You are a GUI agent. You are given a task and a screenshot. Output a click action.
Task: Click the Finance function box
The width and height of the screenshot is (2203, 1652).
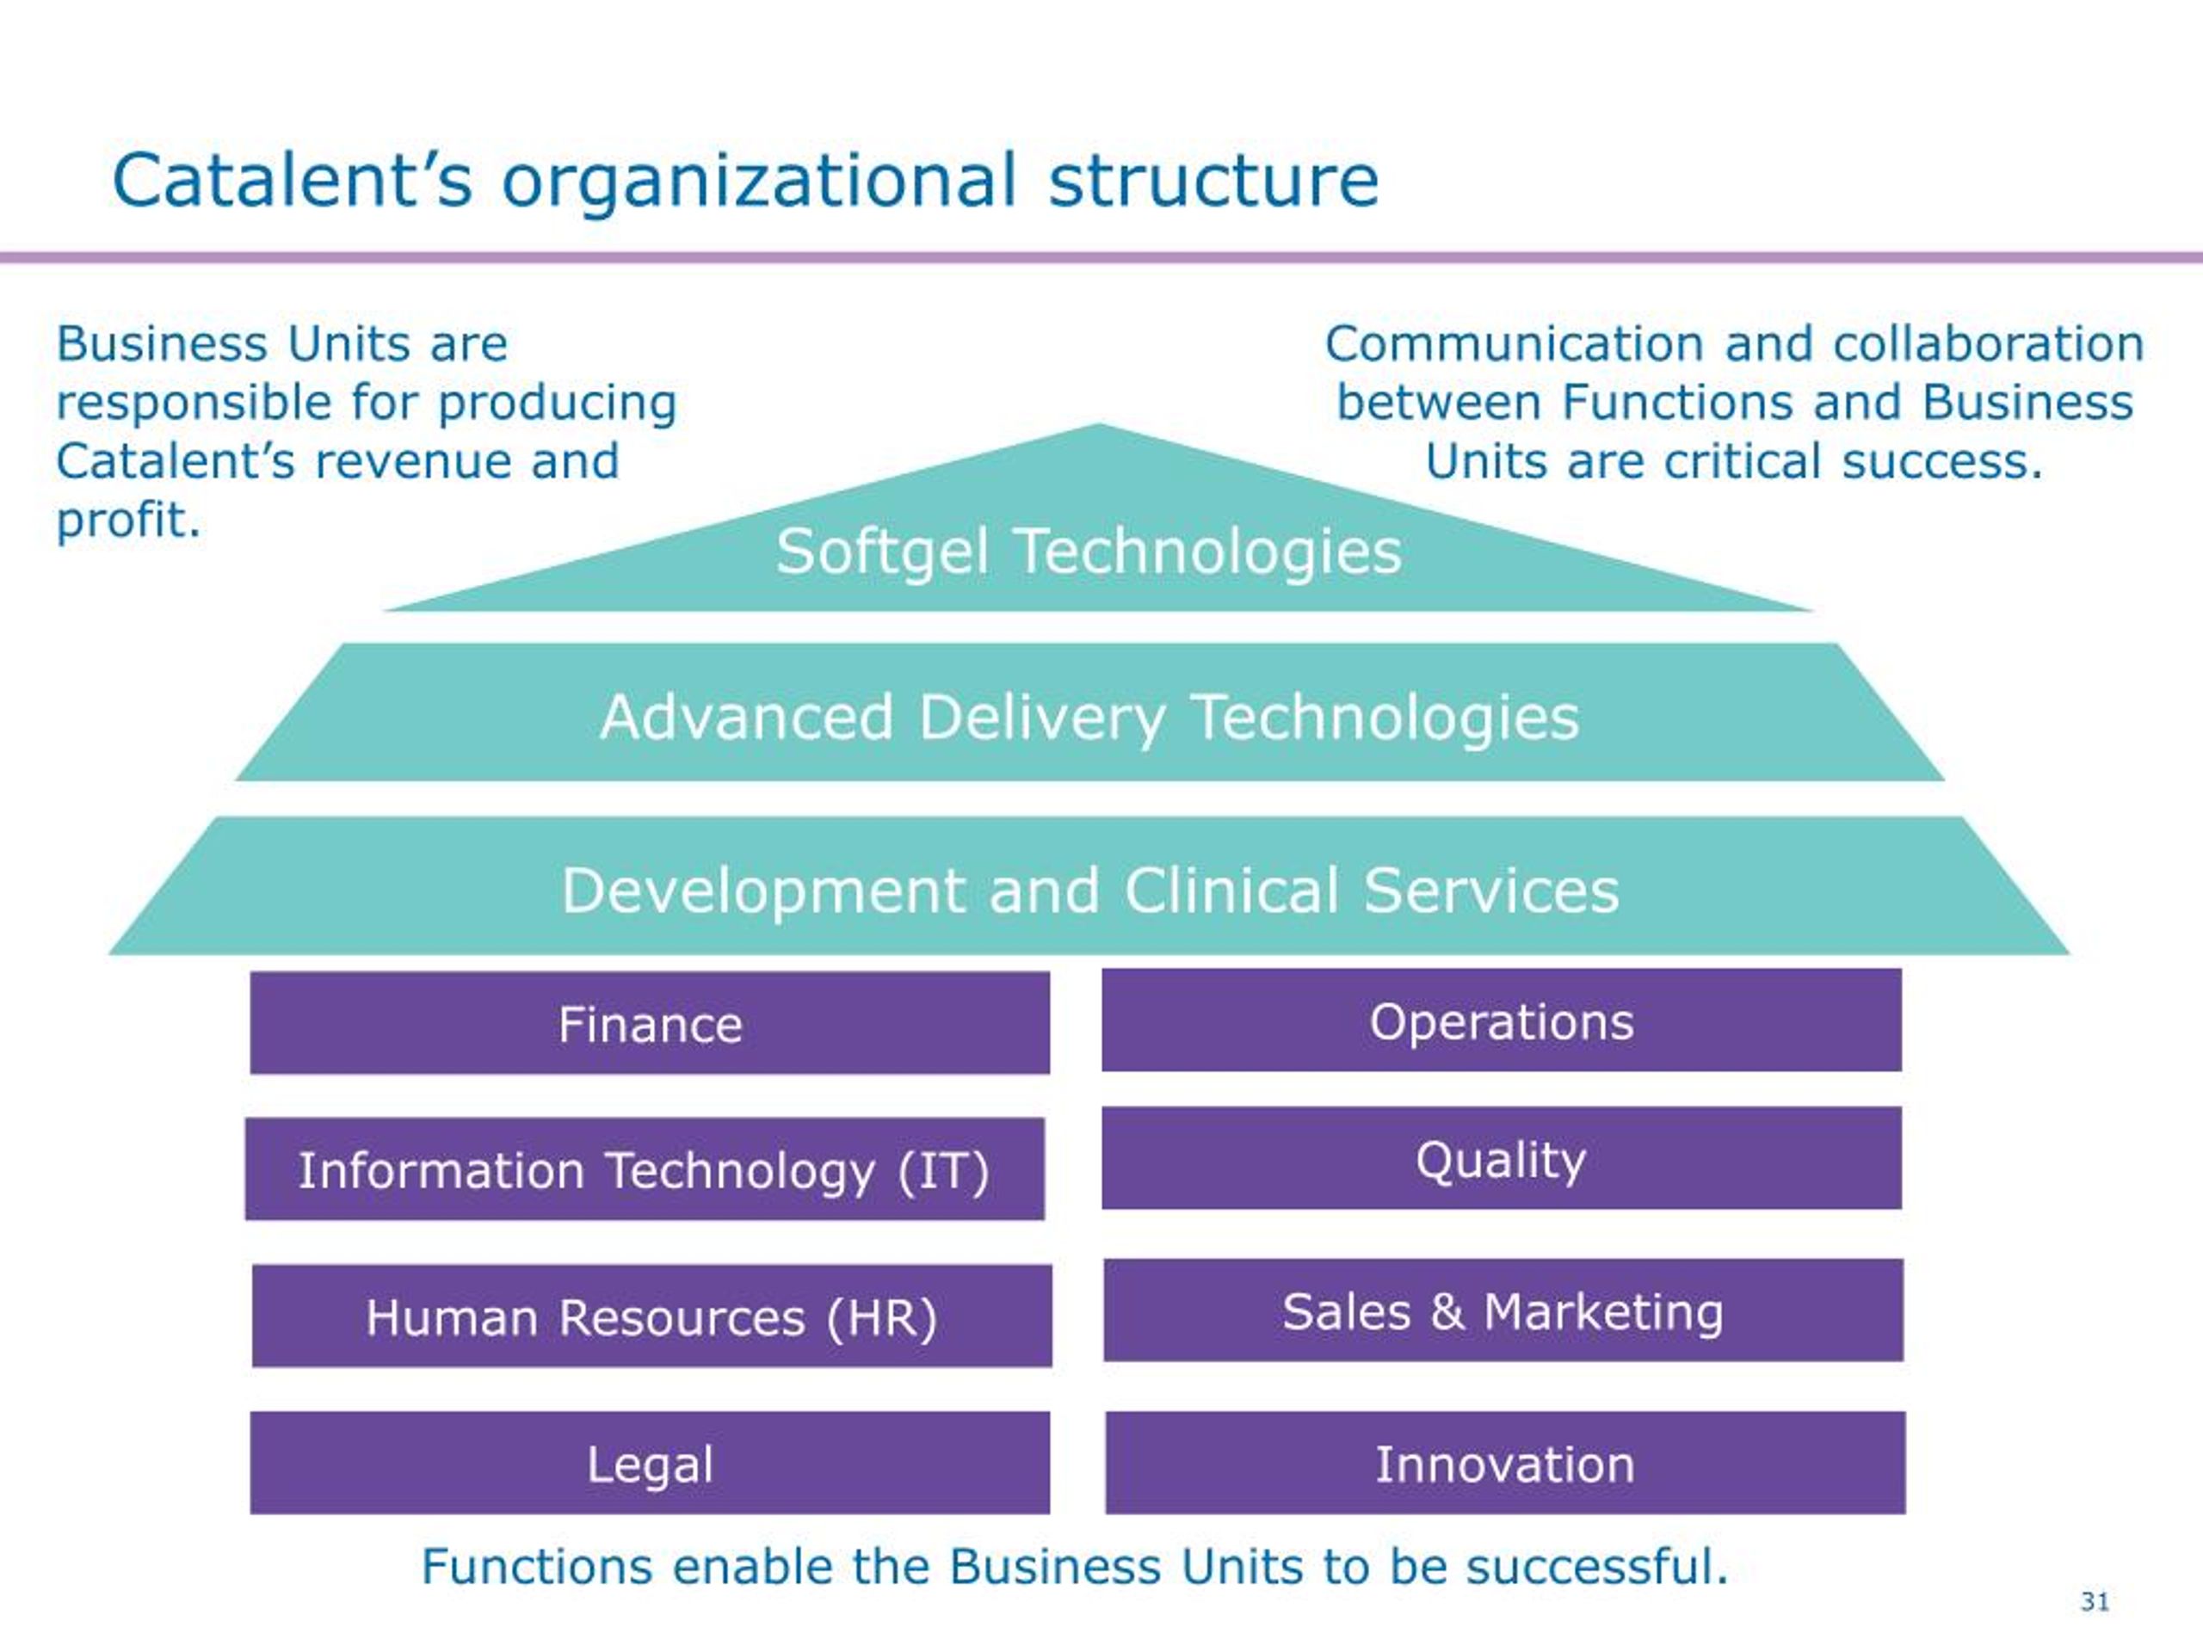(650, 1023)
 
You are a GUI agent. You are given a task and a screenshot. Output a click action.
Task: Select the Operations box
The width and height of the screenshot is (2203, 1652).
(1501, 1020)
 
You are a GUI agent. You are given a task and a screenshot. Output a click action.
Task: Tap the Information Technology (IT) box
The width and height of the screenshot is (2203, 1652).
(645, 1169)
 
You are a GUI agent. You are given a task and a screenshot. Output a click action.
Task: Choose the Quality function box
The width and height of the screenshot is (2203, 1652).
(1501, 1158)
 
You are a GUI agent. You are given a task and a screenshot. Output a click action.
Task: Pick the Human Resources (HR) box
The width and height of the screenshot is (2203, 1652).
(651, 1316)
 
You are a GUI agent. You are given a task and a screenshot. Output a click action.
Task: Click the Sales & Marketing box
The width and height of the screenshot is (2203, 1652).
(1503, 1310)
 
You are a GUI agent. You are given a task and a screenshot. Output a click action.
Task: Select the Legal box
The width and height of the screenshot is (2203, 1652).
(650, 1463)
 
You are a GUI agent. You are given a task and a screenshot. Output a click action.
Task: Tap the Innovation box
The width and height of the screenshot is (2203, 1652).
(1505, 1463)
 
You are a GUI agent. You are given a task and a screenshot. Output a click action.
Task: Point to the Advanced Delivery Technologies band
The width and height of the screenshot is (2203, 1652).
(1089, 716)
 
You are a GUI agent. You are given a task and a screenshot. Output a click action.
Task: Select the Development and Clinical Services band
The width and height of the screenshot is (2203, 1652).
(1089, 888)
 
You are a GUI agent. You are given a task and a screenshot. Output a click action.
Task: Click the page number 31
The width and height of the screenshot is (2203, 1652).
(2095, 1601)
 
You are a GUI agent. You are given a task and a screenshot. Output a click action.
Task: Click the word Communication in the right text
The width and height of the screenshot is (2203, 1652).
(1512, 343)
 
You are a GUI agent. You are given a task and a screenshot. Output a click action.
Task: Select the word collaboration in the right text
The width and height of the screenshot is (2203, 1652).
(1988, 343)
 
